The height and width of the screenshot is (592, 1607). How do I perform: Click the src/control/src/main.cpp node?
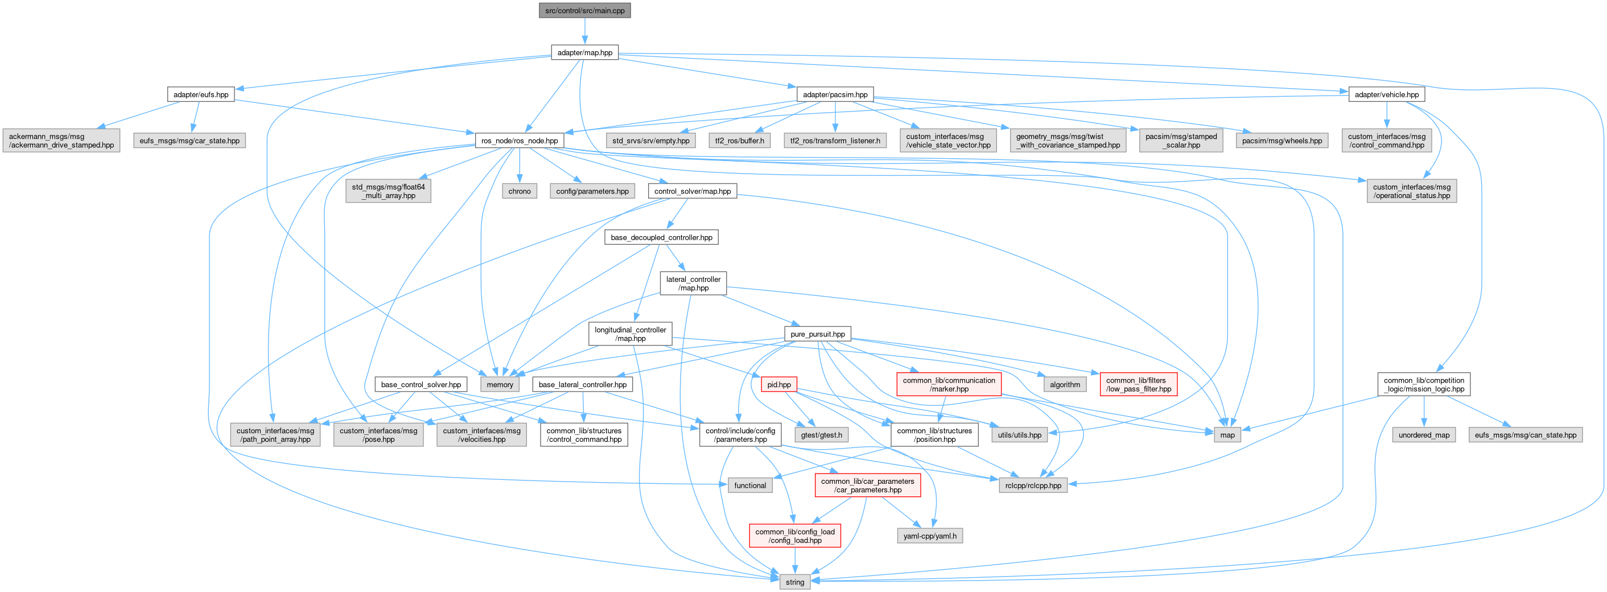pos(584,11)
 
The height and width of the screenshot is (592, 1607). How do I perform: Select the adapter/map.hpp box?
pos(584,52)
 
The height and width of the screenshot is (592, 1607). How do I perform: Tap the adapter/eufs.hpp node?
pos(201,94)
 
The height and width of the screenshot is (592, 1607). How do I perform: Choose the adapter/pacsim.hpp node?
pos(835,94)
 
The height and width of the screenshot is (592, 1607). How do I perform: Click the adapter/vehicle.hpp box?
pos(1386,94)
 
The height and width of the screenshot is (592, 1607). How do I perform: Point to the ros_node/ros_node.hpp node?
pos(519,141)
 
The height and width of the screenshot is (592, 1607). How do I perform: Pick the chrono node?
pos(519,191)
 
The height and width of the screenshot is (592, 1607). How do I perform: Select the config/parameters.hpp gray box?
pos(592,191)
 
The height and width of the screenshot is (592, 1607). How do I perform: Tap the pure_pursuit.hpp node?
pos(817,334)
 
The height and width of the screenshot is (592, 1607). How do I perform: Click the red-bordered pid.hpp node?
pos(778,384)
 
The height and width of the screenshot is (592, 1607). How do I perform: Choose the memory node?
pos(500,384)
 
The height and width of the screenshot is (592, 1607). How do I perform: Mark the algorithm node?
pos(1064,384)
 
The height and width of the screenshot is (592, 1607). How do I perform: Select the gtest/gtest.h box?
pos(821,435)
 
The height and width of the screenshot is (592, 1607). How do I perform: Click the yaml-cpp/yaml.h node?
pos(929,536)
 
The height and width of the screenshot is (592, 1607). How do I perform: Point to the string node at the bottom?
pos(795,582)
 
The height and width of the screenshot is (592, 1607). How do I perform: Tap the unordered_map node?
pos(1424,435)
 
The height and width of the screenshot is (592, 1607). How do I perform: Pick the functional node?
pos(750,486)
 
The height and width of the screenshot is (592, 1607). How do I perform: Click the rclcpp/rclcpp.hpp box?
pos(1033,486)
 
